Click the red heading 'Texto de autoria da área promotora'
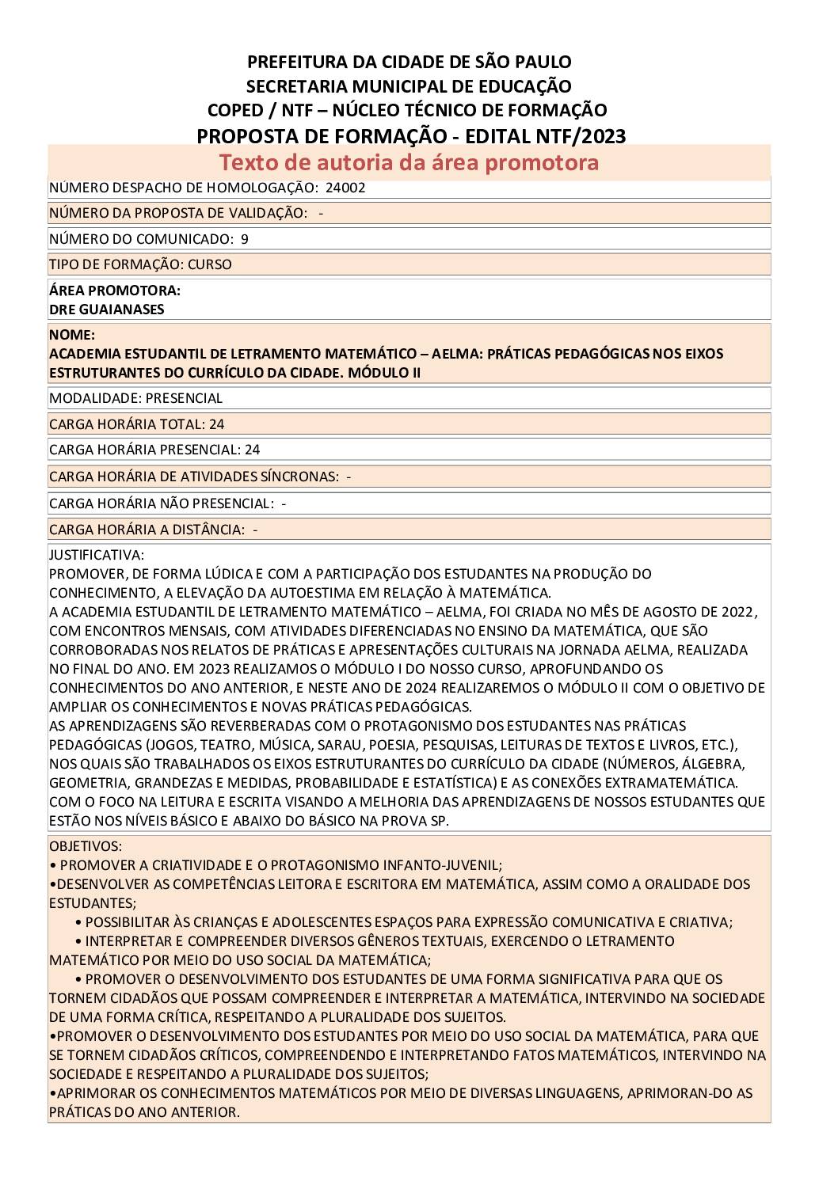[409, 162]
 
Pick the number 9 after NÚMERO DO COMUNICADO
[245, 239]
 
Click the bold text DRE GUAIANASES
[107, 310]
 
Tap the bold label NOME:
[72, 335]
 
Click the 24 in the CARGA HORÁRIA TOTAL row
[216, 424]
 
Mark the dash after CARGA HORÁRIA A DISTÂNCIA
[255, 530]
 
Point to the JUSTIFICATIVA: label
[97, 555]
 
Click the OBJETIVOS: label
[86, 846]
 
